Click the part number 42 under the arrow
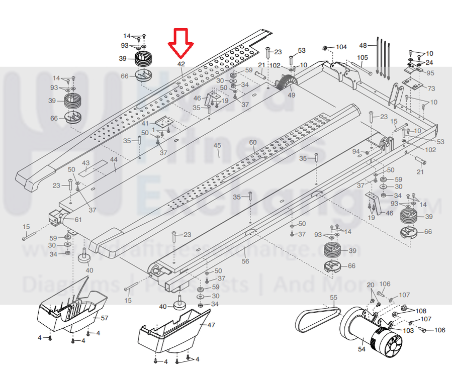181,64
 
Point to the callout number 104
341,47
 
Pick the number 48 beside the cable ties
363,45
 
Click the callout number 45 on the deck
217,146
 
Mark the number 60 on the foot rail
252,142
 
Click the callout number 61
78,220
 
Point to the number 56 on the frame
245,262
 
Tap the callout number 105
363,58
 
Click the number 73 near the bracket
431,88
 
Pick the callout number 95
430,73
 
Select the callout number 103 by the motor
408,330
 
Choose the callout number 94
356,151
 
